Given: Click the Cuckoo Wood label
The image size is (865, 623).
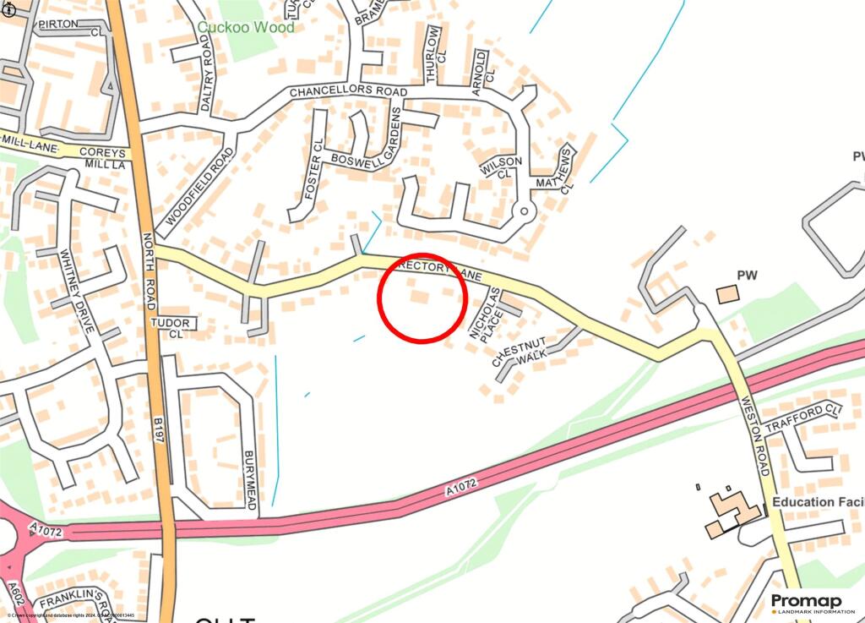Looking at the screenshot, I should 246,27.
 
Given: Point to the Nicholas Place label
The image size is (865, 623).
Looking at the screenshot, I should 486,313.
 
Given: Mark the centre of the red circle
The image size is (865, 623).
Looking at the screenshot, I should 422,298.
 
